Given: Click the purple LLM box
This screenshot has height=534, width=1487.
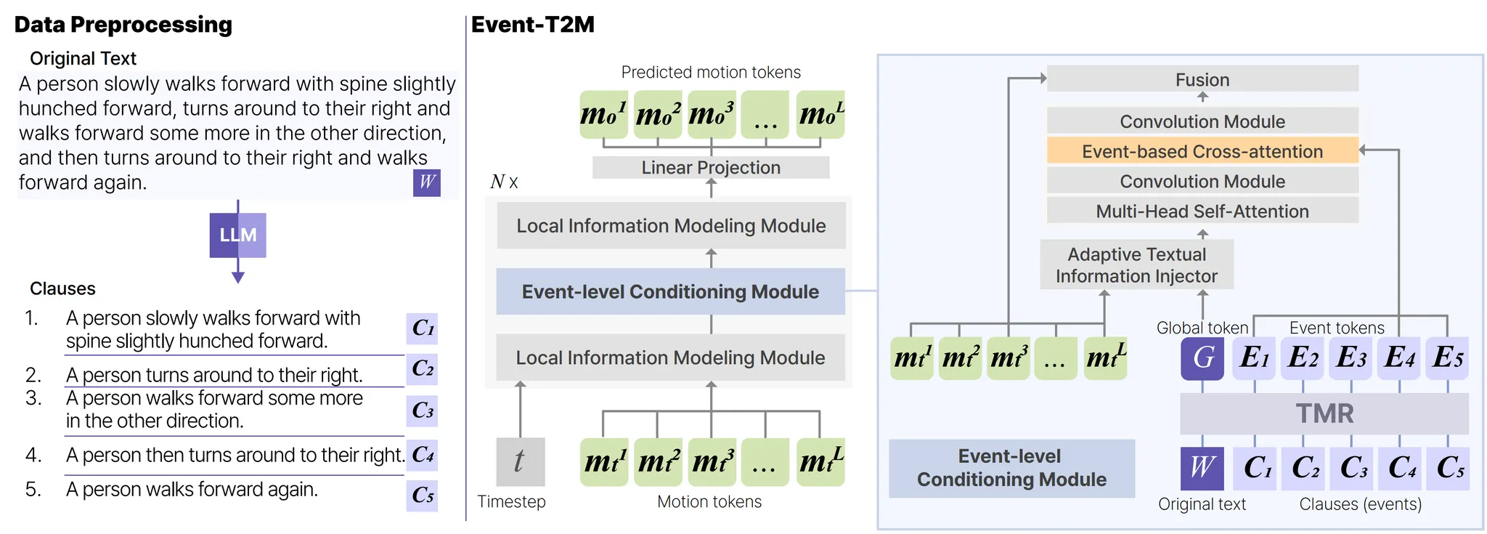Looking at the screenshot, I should click(x=237, y=235).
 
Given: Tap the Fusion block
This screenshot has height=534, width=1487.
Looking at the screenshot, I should click(x=1202, y=79).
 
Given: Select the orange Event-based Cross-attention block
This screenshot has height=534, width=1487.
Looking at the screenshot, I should click(x=1202, y=151).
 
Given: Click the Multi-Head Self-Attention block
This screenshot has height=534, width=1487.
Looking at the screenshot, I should click(x=1202, y=211).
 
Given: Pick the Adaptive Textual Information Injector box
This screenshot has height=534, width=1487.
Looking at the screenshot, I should click(x=1136, y=265).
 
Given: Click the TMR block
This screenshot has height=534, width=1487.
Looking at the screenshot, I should click(x=1324, y=413).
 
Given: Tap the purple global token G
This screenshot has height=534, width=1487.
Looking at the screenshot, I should click(x=1202, y=357).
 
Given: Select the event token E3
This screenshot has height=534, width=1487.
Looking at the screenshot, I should click(x=1350, y=357).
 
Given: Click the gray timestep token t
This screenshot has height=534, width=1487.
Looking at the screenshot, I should click(x=520, y=461).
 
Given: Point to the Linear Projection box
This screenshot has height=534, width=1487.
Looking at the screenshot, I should click(x=710, y=167).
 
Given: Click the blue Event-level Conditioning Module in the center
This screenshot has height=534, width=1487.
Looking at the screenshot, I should click(x=670, y=291).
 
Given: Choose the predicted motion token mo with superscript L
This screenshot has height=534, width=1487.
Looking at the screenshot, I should click(x=820, y=114).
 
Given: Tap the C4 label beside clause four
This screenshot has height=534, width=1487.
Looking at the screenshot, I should click(x=422, y=456).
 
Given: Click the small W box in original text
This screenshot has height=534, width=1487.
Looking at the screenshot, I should click(x=427, y=182).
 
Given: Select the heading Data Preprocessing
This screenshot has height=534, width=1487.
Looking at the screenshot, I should click(x=123, y=25).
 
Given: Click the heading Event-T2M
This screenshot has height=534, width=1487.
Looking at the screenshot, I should click(x=532, y=25).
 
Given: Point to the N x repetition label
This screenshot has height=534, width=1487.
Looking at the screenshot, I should click(x=504, y=182).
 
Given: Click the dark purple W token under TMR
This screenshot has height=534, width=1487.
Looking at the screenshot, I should click(x=1202, y=467).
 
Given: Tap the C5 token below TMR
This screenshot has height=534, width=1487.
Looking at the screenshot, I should click(x=1449, y=467).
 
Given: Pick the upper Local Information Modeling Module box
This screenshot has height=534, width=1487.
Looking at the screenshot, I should click(x=670, y=226).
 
